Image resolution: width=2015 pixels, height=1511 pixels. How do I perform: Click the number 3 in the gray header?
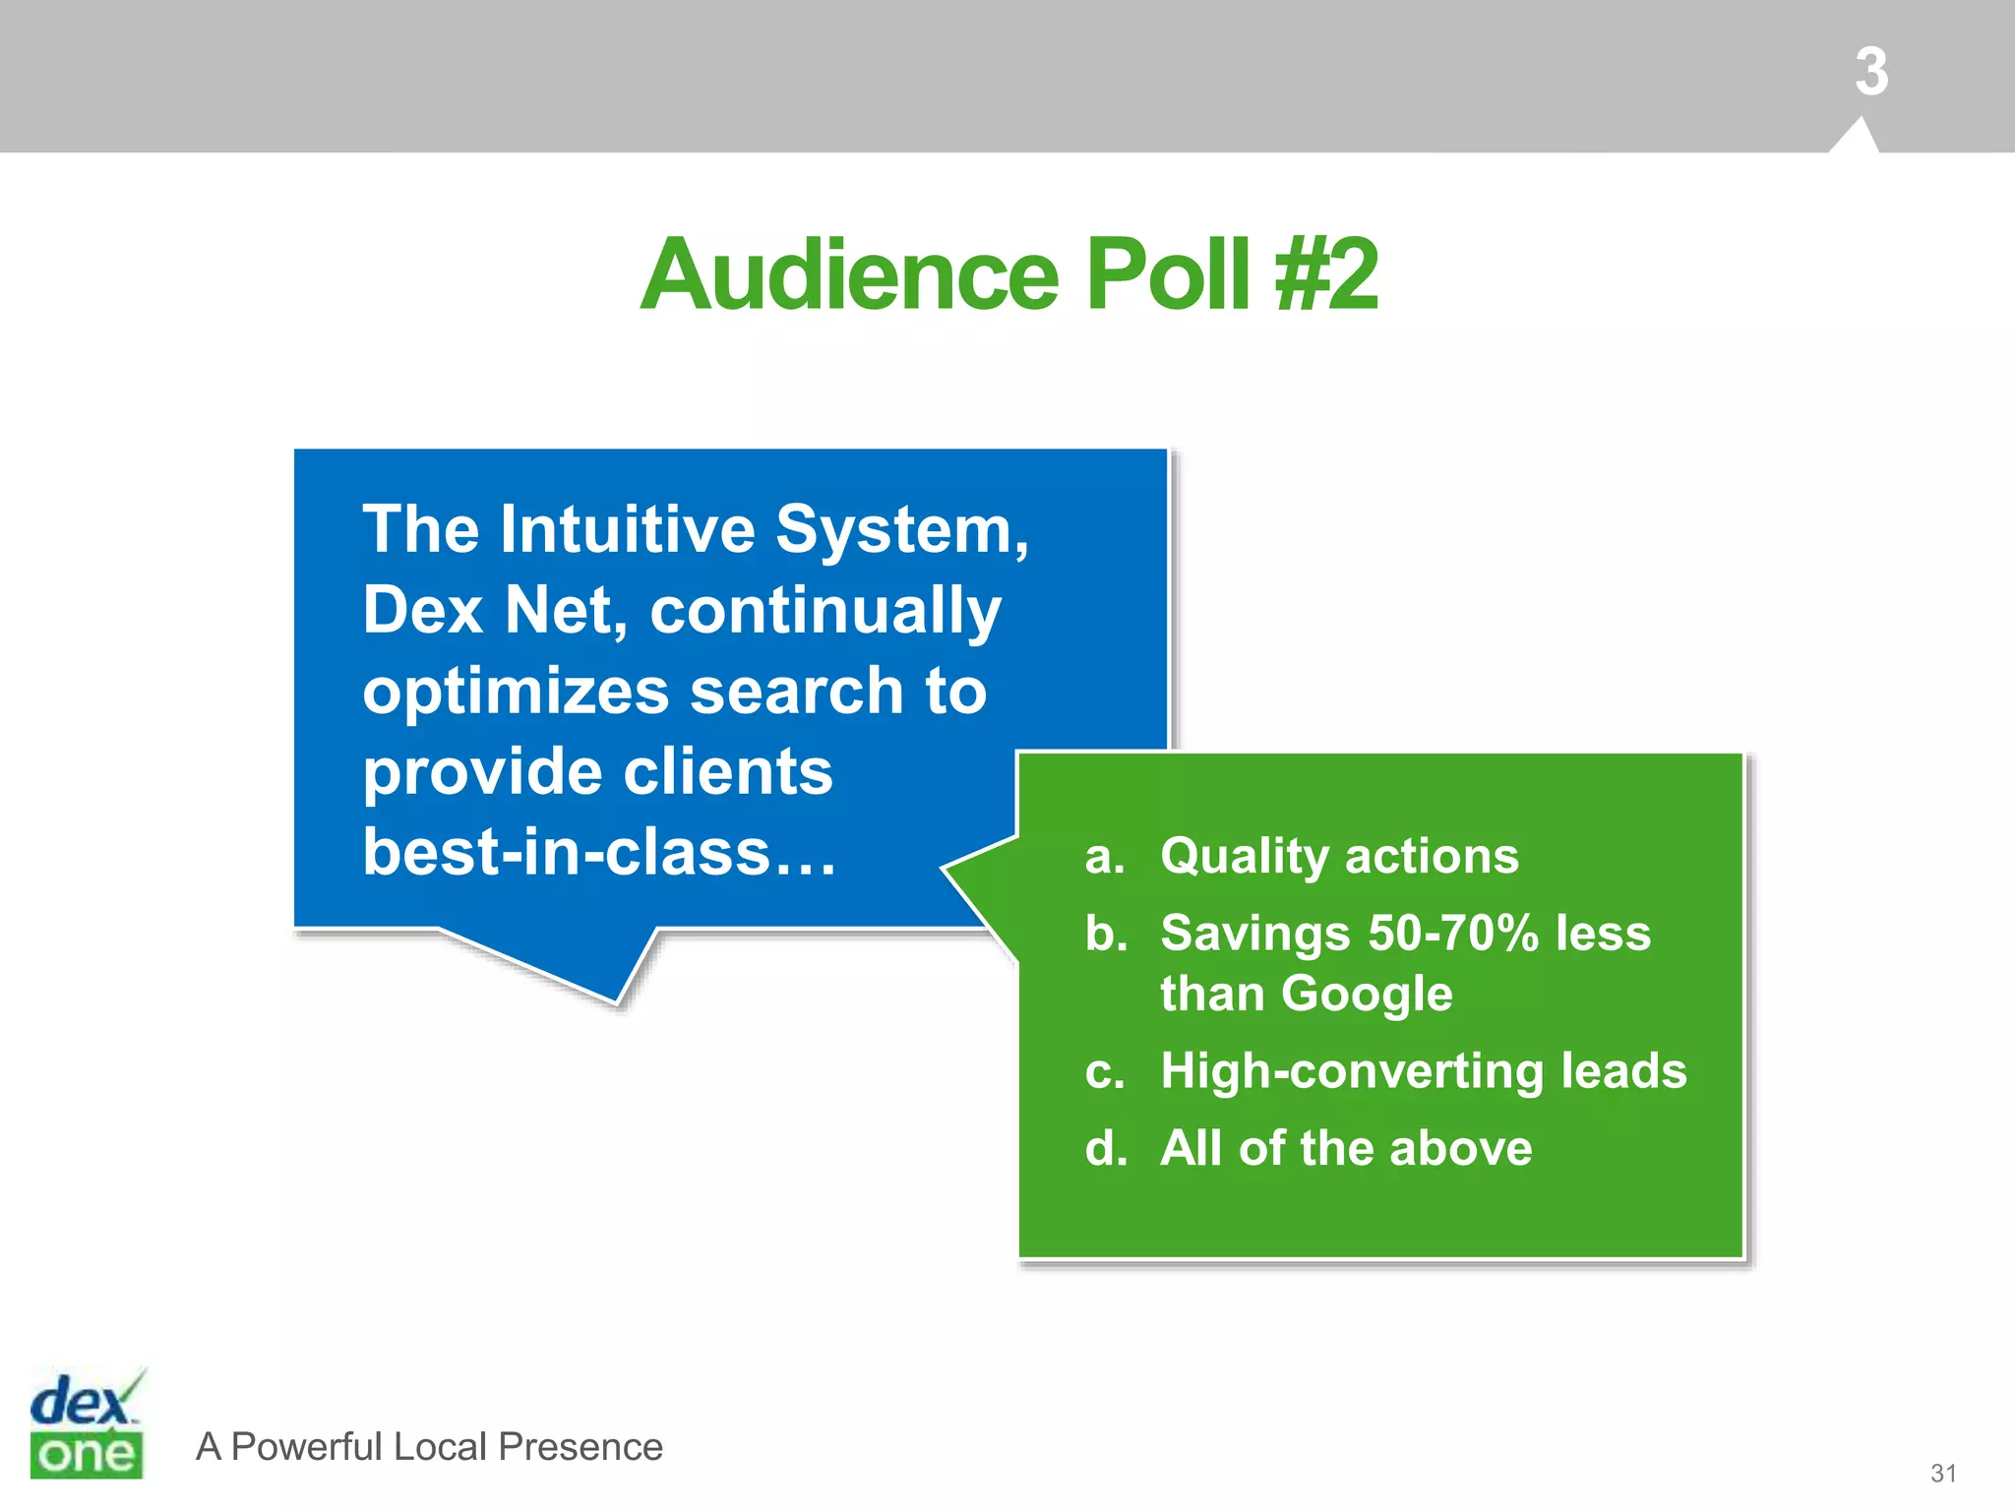point(1870,72)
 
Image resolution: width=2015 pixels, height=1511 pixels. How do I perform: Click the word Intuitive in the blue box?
point(627,530)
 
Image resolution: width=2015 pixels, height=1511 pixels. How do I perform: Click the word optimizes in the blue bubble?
point(517,692)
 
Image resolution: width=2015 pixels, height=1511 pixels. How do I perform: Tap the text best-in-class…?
point(598,852)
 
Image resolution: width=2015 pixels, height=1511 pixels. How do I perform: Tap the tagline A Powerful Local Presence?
point(429,1447)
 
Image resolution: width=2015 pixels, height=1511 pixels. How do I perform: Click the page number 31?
point(1942,1473)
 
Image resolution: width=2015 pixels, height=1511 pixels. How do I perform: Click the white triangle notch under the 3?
point(1856,139)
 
